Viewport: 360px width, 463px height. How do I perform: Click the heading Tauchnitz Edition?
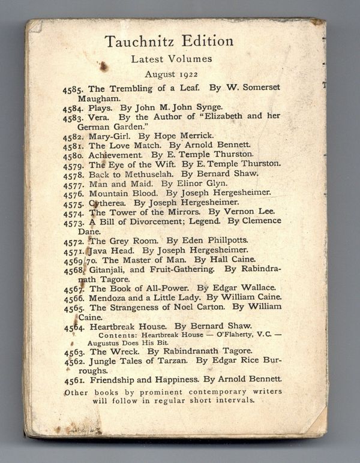169,41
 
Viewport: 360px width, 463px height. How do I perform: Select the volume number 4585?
74,88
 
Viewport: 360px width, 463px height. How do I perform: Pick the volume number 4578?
74,174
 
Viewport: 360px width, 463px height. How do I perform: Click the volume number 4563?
75,352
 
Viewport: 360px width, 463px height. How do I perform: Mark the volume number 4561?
74,380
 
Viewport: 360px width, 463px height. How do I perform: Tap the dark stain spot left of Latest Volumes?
103,65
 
